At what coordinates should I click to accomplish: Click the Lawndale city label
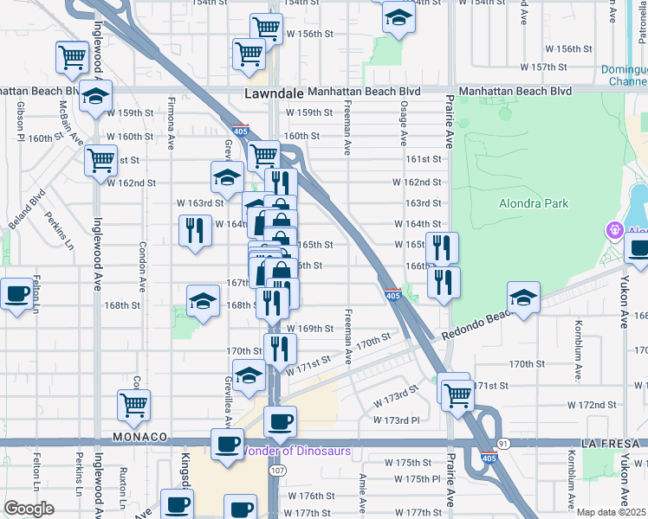click(x=271, y=93)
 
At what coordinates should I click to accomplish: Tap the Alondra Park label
click(x=534, y=203)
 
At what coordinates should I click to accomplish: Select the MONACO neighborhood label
click(x=138, y=438)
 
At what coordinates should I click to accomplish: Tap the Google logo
click(x=29, y=509)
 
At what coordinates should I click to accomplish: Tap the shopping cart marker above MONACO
click(x=133, y=404)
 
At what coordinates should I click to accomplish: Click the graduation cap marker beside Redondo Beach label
click(x=523, y=298)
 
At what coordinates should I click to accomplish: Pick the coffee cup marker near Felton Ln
click(x=16, y=294)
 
